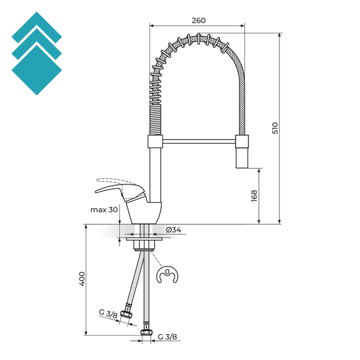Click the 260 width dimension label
[x=198, y=20]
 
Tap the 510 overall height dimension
[x=275, y=128]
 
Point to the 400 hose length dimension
[x=82, y=279]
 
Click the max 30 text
[x=104, y=210]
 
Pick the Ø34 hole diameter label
[x=173, y=230]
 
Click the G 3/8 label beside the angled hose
[x=108, y=314]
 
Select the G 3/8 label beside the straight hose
[x=167, y=337]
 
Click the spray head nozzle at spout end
[x=242, y=158]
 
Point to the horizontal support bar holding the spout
[x=199, y=141]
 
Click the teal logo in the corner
[x=37, y=53]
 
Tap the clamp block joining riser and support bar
[x=155, y=142]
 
